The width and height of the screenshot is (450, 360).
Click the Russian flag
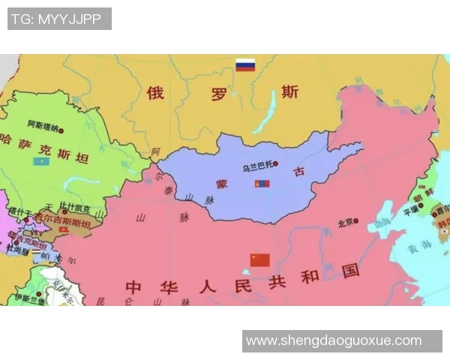point(245,65)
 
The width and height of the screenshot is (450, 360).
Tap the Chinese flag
point(259,260)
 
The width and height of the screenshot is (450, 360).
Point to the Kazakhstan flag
point(38,161)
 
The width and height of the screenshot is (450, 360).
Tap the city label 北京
point(346,222)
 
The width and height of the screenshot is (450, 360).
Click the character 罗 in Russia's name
point(218,94)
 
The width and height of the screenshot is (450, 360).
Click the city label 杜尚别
point(17,250)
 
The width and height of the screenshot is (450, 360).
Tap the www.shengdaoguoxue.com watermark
point(334,340)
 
